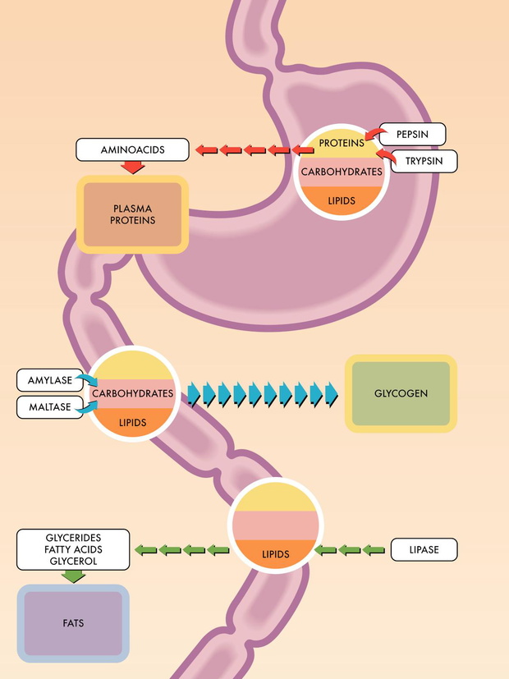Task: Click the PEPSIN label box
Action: click(x=412, y=135)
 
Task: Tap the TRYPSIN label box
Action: click(x=424, y=161)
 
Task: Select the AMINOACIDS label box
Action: click(x=132, y=149)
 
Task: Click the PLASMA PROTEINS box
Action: click(x=132, y=214)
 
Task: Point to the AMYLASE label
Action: click(x=50, y=380)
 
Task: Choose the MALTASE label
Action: click(x=50, y=407)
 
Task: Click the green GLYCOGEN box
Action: click(x=401, y=393)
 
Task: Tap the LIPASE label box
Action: click(x=424, y=549)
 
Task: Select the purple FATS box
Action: click(x=73, y=623)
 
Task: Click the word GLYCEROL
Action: click(x=73, y=562)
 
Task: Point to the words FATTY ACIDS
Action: click(x=73, y=549)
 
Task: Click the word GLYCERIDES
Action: click(x=73, y=538)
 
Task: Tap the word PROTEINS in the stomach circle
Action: click(x=342, y=143)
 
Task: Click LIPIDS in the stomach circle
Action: click(x=342, y=201)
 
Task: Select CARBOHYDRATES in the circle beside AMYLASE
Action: click(x=132, y=393)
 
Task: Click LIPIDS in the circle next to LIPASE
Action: click(x=275, y=554)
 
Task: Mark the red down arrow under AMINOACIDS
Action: click(x=132, y=167)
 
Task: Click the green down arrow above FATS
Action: click(x=73, y=576)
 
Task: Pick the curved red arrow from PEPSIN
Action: click(x=375, y=133)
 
